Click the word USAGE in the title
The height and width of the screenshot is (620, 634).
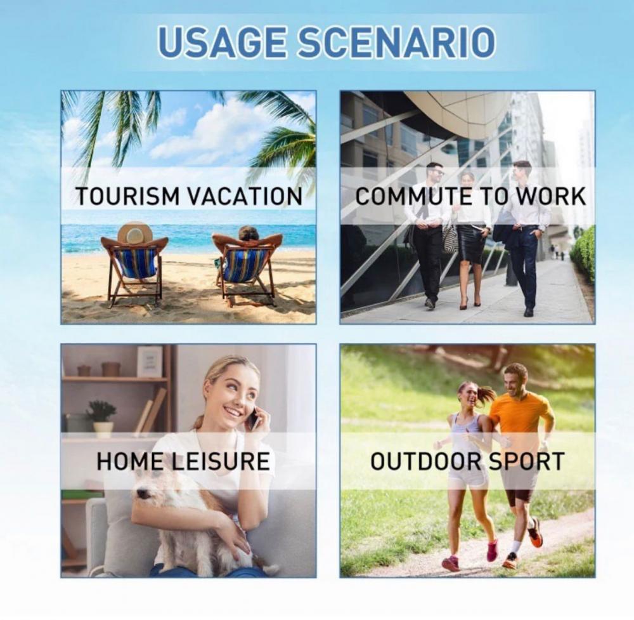pos(224,41)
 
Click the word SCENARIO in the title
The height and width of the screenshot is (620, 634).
pos(396,41)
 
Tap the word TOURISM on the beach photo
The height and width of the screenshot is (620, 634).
pos(127,196)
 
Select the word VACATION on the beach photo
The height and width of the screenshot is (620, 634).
pos(245,196)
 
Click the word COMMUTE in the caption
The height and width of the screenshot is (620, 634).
pos(413,196)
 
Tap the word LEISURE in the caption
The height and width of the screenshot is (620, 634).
pos(221,461)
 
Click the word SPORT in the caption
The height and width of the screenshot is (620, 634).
pos(526,461)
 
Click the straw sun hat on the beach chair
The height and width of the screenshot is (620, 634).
pos(134,234)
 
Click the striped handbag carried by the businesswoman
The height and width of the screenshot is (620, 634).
pos(450,238)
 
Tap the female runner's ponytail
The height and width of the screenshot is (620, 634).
pos(486,393)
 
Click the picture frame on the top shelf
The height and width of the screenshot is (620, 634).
pos(150,361)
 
